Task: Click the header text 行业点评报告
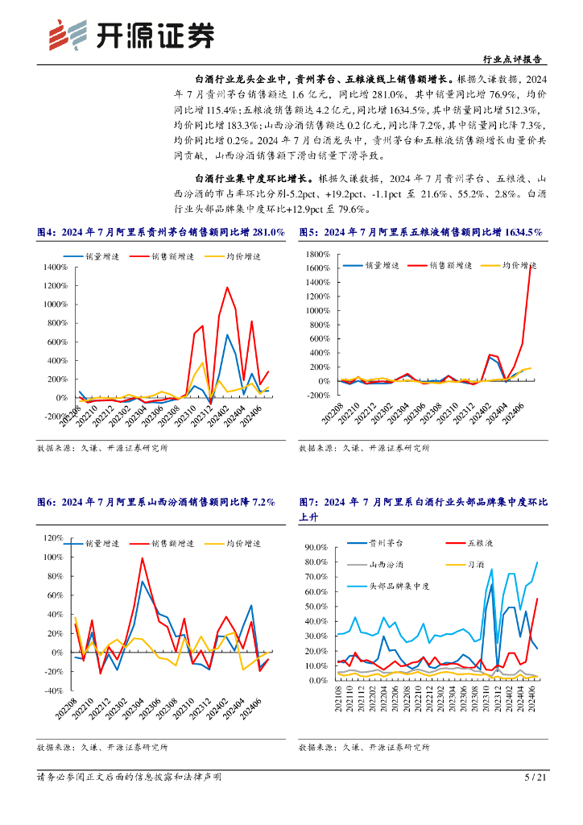(x=511, y=59)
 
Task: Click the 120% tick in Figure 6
(x=52, y=538)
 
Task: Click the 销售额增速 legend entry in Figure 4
(x=173, y=257)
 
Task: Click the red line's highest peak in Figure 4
(x=227, y=288)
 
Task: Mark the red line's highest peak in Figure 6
(x=143, y=558)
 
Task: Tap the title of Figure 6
(x=156, y=502)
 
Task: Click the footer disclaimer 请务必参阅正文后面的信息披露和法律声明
(x=129, y=777)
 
